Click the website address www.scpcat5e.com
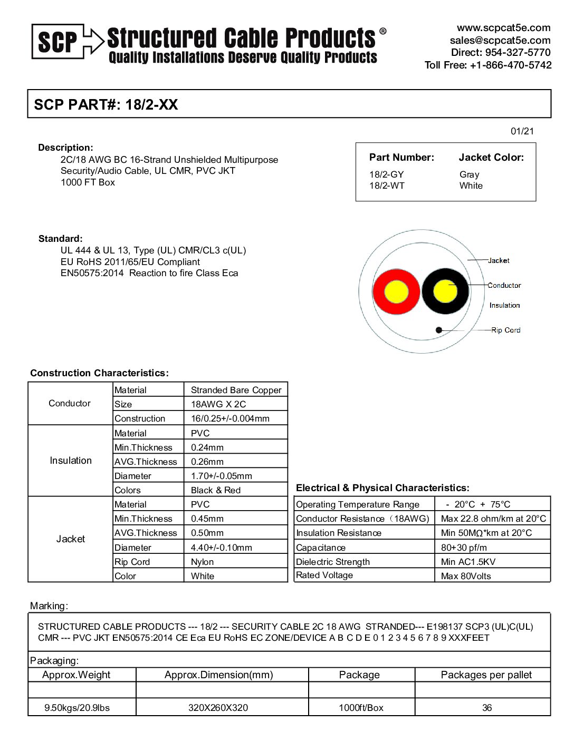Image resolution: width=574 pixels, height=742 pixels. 503,28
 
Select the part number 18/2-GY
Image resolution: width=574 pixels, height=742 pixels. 386,174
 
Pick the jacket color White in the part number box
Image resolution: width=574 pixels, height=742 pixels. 471,185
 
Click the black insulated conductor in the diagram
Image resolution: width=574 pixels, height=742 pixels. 445,291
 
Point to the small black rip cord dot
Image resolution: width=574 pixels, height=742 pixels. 438,330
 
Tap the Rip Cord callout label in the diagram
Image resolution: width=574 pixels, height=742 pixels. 505,330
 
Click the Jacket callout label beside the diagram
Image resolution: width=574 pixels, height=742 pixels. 499,260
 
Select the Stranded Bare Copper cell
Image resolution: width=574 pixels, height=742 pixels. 236,390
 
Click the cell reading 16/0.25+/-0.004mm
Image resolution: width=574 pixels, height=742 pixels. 230,418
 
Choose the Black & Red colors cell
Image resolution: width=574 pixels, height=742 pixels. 215,490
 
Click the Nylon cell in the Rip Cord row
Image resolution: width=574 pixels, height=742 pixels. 202,562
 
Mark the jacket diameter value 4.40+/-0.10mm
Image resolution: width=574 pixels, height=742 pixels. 221,548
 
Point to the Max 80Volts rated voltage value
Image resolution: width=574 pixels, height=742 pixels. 466,576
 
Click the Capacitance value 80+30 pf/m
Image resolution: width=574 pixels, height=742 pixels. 464,548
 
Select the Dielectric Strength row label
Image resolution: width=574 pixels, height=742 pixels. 332,562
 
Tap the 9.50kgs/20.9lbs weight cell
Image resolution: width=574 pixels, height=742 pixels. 77,707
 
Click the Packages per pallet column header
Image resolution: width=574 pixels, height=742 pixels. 486,675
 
